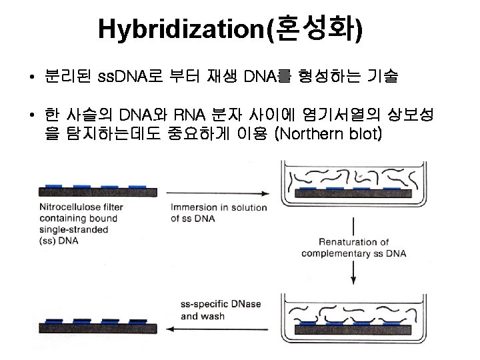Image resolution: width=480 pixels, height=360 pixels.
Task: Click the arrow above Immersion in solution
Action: [219, 193]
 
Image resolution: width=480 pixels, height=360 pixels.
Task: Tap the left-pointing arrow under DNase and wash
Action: [219, 328]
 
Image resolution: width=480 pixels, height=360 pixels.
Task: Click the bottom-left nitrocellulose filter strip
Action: [99, 327]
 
